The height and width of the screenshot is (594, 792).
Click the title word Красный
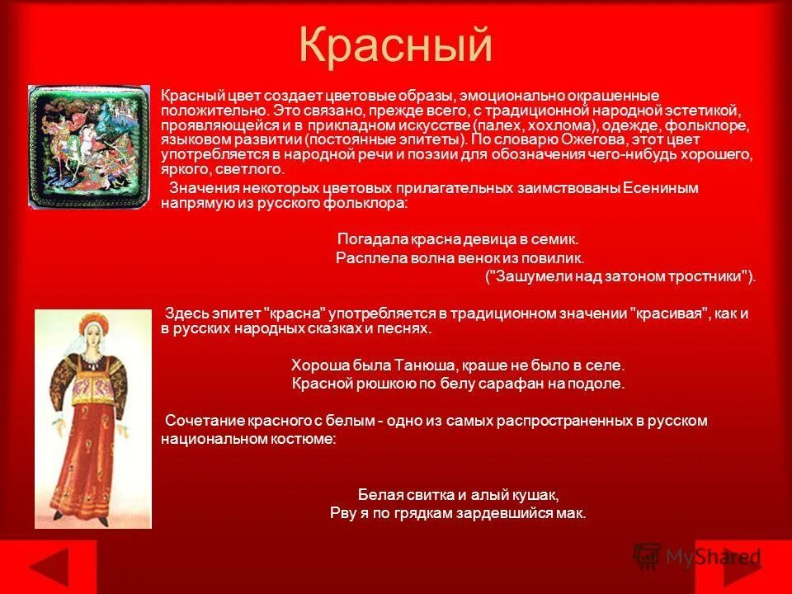click(395, 46)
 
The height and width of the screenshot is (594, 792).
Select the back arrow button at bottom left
click(48, 567)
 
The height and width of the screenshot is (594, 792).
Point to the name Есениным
click(660, 188)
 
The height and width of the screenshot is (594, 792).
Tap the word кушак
click(537, 495)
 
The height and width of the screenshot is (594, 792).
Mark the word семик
click(559, 239)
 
